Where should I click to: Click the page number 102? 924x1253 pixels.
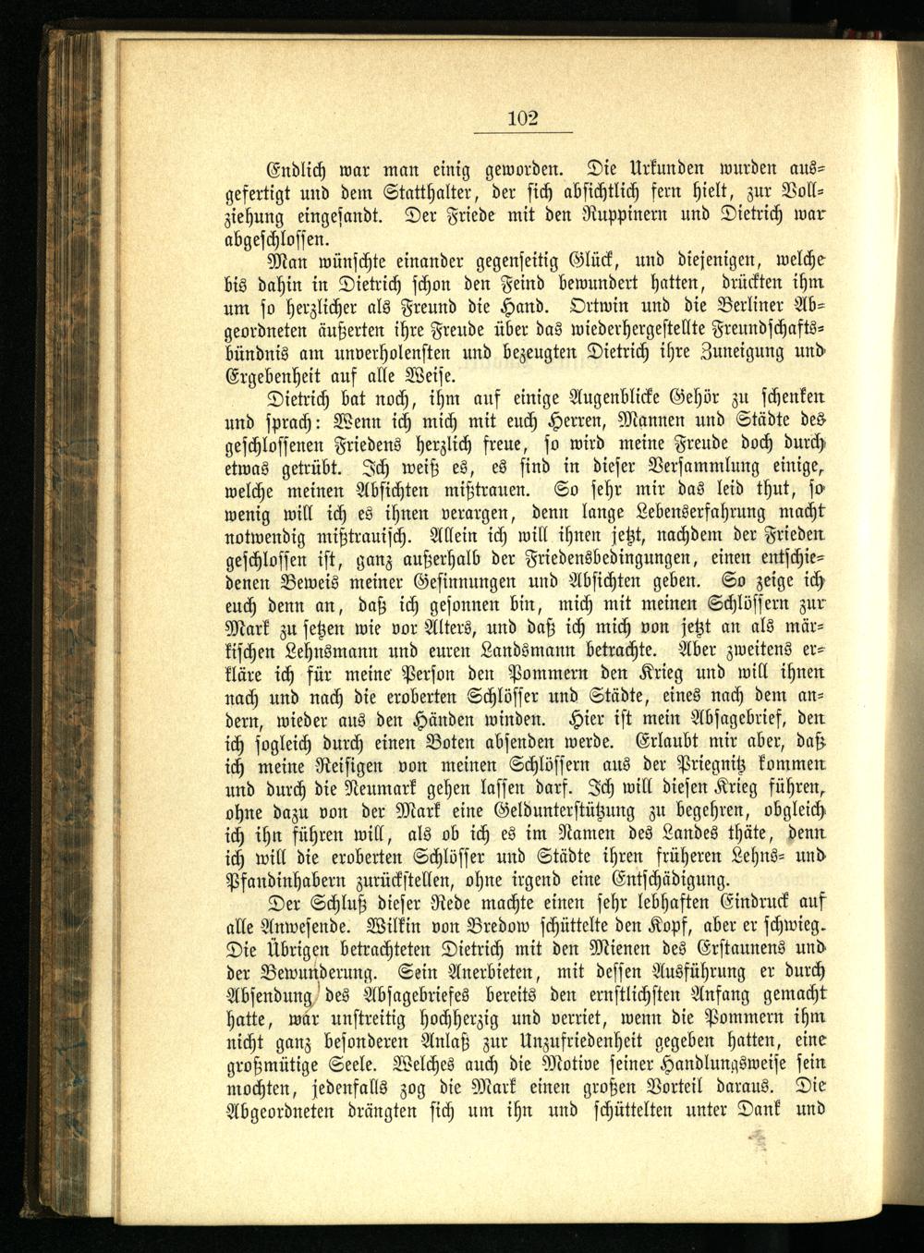pyautogui.click(x=522, y=117)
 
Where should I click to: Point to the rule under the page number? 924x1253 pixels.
pyautogui.click(x=522, y=133)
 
